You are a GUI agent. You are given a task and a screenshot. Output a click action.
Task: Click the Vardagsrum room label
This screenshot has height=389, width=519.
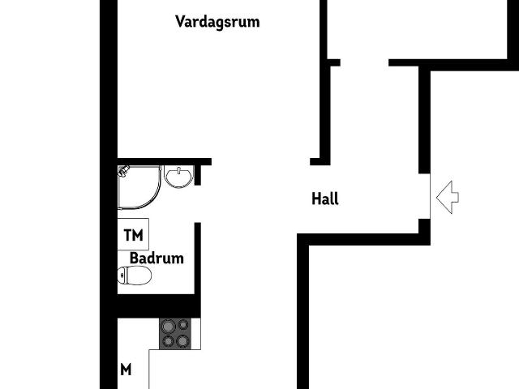217,22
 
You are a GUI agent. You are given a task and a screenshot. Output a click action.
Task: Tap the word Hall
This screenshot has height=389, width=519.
324,199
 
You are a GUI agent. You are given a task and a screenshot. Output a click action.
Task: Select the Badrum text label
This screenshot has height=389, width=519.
157,259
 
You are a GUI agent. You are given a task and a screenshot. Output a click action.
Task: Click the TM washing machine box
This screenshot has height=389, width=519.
134,235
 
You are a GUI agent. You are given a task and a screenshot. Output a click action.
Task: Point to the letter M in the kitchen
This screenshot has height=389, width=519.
126,370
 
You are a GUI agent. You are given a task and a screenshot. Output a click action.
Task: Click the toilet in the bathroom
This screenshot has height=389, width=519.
135,276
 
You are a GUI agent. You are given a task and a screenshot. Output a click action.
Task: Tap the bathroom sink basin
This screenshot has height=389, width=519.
178,176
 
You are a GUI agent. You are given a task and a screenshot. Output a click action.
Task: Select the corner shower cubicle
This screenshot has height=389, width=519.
138,186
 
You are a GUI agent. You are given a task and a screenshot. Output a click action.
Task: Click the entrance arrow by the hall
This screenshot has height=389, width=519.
448,198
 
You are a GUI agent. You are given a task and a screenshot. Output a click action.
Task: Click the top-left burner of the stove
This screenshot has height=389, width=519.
168,326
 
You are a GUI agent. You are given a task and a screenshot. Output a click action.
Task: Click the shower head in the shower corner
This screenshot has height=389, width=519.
125,171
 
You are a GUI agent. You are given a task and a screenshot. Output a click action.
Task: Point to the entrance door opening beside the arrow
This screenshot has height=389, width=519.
424,197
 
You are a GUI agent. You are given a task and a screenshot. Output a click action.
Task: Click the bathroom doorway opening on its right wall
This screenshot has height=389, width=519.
197,203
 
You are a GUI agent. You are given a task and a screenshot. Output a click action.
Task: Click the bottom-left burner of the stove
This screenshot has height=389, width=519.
168,340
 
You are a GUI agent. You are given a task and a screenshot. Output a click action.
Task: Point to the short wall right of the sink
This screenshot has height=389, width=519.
198,173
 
